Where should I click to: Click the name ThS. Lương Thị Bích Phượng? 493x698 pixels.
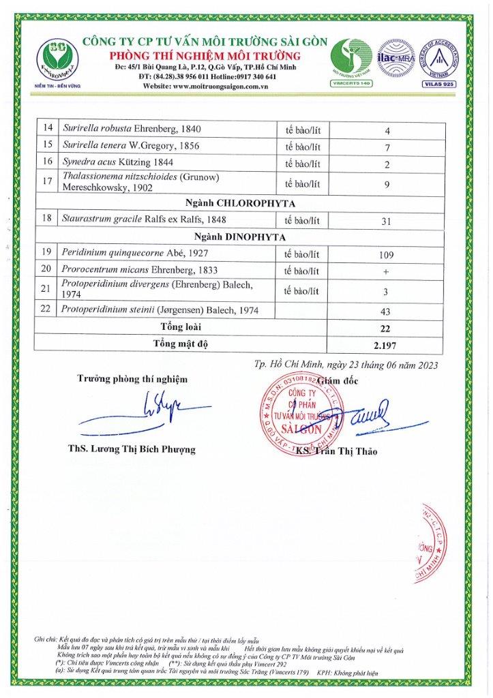click(x=131, y=449)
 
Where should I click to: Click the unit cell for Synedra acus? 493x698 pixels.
click(x=303, y=164)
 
